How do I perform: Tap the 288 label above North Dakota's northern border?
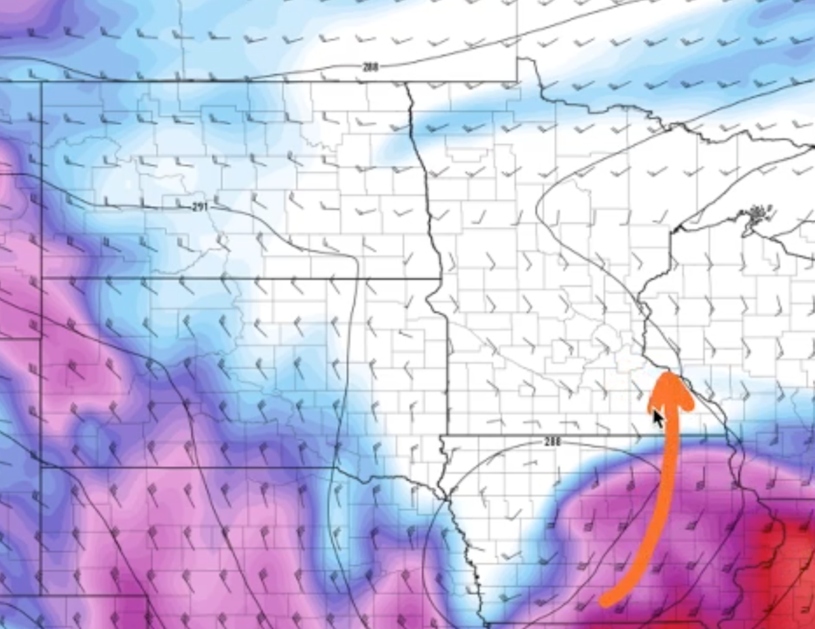click(370, 67)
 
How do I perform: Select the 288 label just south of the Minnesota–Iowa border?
click(552, 442)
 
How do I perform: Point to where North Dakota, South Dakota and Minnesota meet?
click(441, 278)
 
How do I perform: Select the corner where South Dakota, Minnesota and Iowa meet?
click(443, 435)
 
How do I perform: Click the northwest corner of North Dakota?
click(42, 82)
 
